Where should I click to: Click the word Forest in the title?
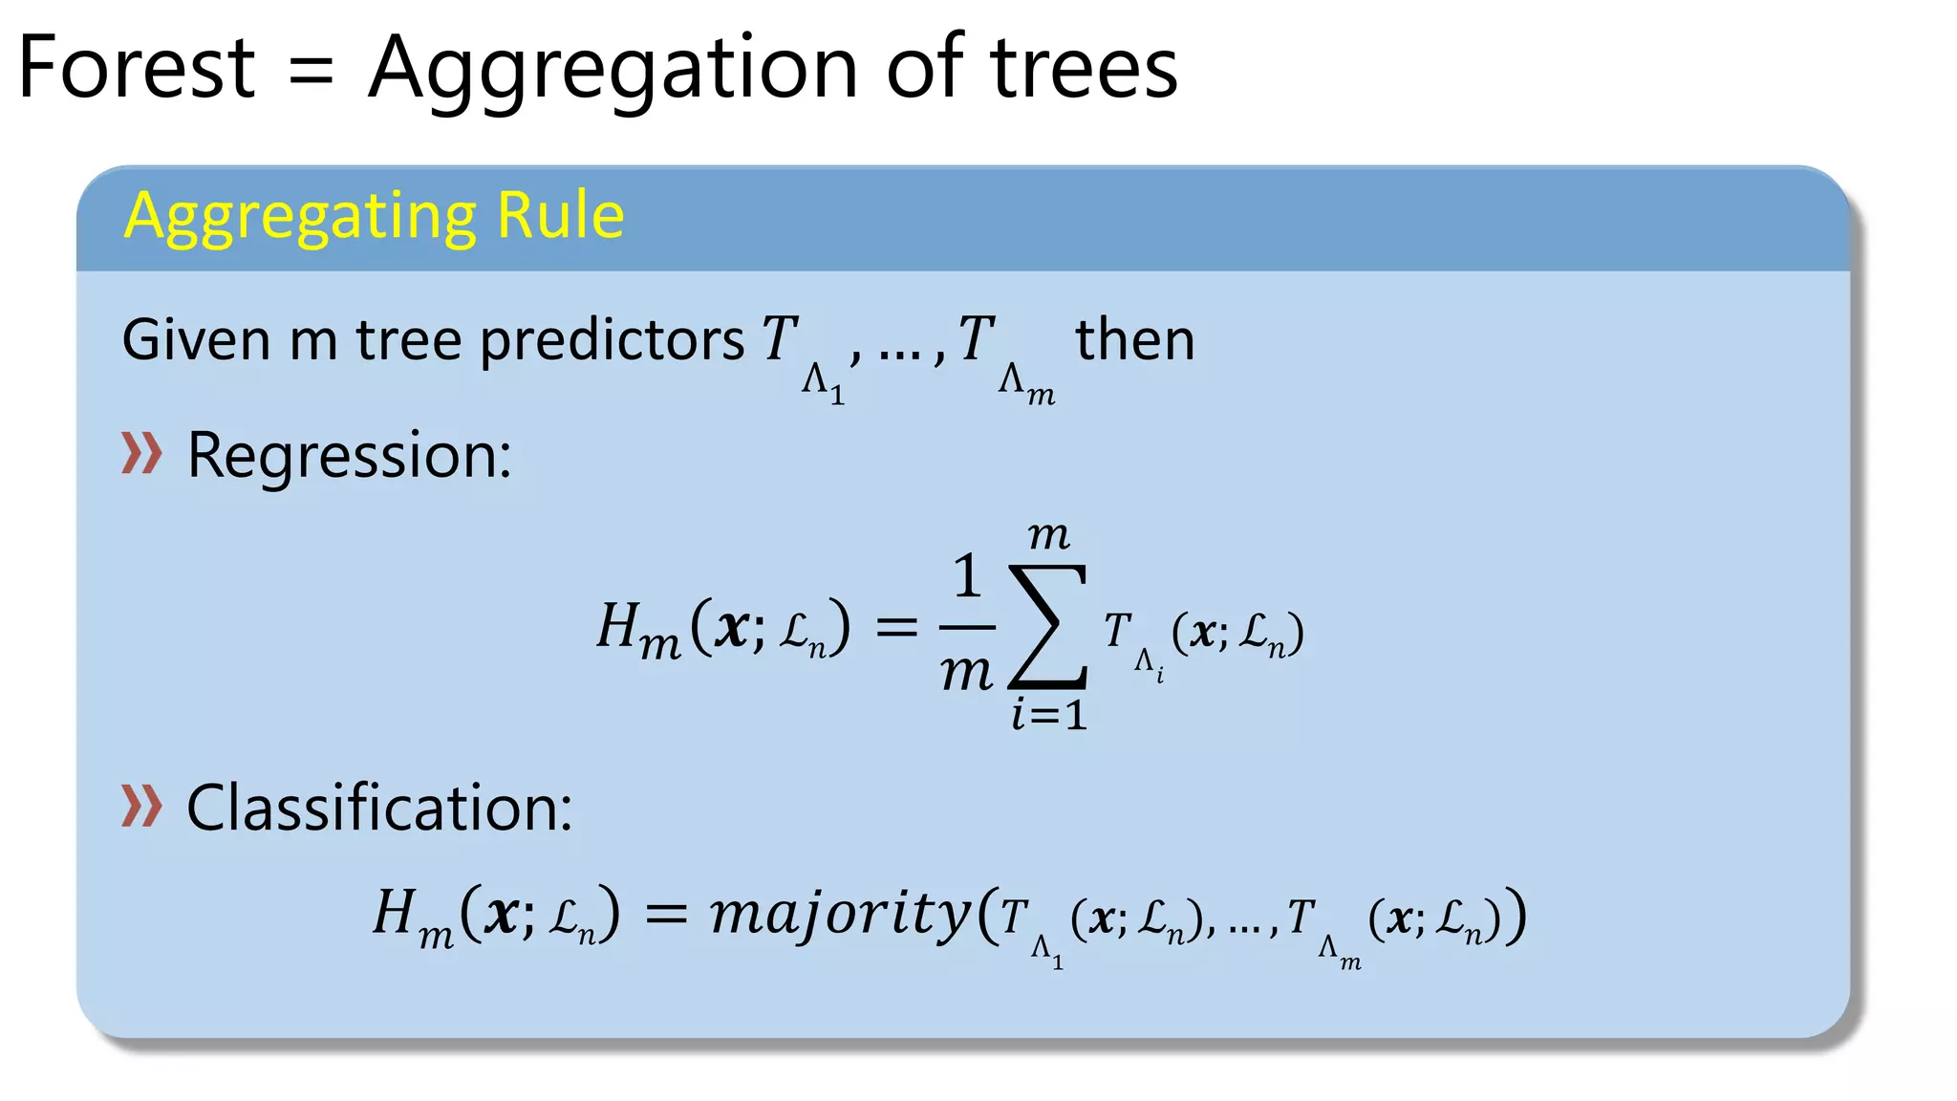[137, 68]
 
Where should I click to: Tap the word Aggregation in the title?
[613, 70]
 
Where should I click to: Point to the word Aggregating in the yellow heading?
[300, 217]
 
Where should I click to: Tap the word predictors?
[612, 341]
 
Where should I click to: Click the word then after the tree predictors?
[1135, 339]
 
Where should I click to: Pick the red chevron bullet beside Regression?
[141, 453]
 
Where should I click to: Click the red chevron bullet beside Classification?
[141, 806]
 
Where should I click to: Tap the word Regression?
[349, 455]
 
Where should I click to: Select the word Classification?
[379, 808]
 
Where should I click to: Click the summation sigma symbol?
[1048, 626]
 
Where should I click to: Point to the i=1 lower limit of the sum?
[1049, 715]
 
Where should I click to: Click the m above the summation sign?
[1048, 536]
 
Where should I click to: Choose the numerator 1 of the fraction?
[967, 576]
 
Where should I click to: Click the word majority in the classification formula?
[841, 913]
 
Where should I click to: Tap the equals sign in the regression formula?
[896, 627]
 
